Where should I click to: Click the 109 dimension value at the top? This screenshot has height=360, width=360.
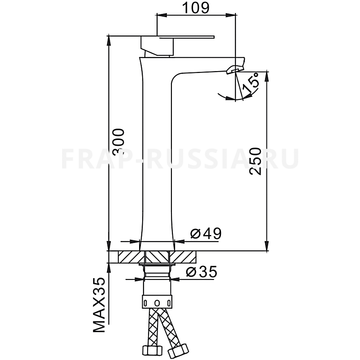(x=196, y=8)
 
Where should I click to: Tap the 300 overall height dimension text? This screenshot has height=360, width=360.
(x=119, y=141)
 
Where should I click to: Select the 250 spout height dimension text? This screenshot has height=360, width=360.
(x=255, y=162)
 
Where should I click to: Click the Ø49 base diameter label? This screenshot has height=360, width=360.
(x=206, y=234)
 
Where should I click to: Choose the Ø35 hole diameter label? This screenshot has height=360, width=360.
(x=201, y=272)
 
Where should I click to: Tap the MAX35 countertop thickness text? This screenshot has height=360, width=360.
(x=99, y=305)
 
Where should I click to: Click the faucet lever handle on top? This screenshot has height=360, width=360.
(x=177, y=37)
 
